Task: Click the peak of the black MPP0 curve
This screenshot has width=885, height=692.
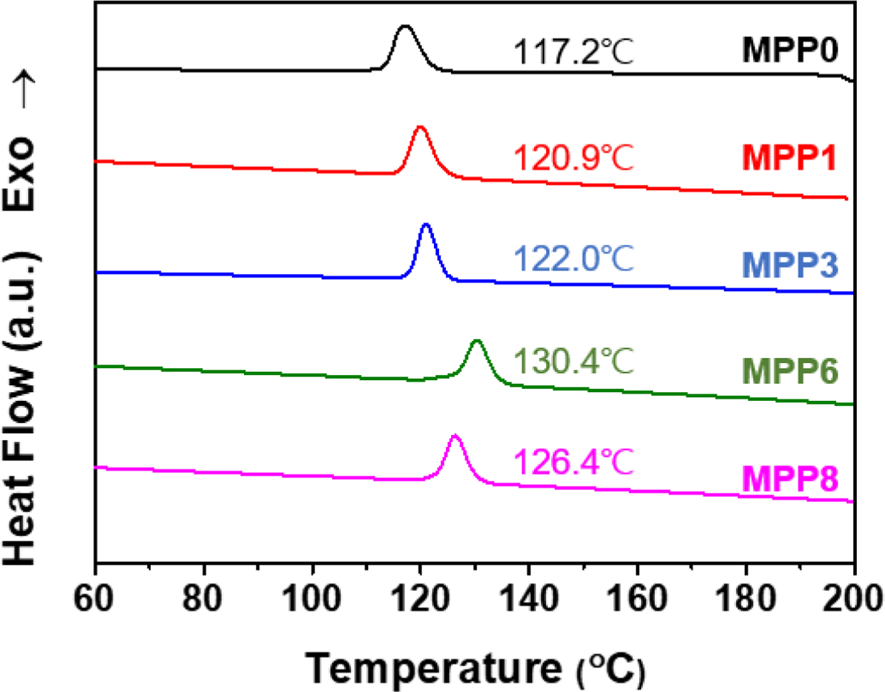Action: click(404, 27)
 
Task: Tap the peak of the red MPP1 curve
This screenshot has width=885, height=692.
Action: click(421, 128)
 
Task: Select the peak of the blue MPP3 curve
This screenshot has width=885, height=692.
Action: click(426, 225)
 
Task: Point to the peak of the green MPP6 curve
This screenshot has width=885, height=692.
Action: click(477, 342)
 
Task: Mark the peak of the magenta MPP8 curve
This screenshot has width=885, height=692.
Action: click(455, 437)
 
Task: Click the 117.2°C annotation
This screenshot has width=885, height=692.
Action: click(573, 53)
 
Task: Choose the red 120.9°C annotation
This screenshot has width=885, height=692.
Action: click(573, 157)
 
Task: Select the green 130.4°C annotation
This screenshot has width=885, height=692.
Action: click(573, 363)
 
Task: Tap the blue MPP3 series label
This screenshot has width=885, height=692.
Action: click(786, 265)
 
